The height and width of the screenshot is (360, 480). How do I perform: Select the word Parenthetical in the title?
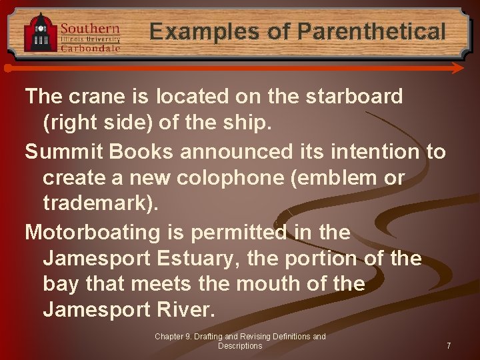(371, 31)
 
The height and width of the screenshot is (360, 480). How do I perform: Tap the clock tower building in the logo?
(40, 33)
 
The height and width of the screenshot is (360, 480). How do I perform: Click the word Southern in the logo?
(90, 28)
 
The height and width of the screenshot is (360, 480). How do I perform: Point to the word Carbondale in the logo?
(91, 47)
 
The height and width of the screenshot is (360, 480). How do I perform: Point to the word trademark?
(97, 203)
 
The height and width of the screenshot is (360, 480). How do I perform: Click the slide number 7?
(449, 346)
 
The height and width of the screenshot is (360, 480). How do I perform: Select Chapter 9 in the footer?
(176, 337)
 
